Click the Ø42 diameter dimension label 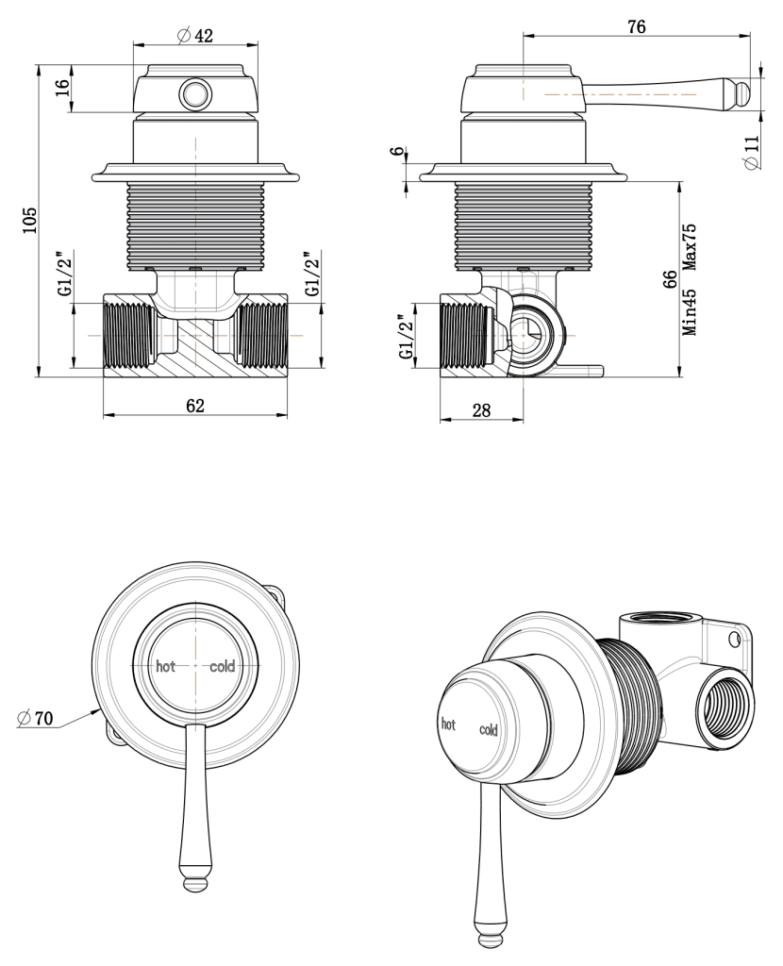coord(195,35)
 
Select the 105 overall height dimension coord(30,220)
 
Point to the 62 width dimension coord(194,406)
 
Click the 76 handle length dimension coord(636,27)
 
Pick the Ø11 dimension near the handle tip coord(751,151)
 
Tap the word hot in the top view coord(166,666)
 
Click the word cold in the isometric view coord(489,729)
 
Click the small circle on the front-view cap coord(195,93)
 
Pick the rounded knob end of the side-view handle coord(741,94)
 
